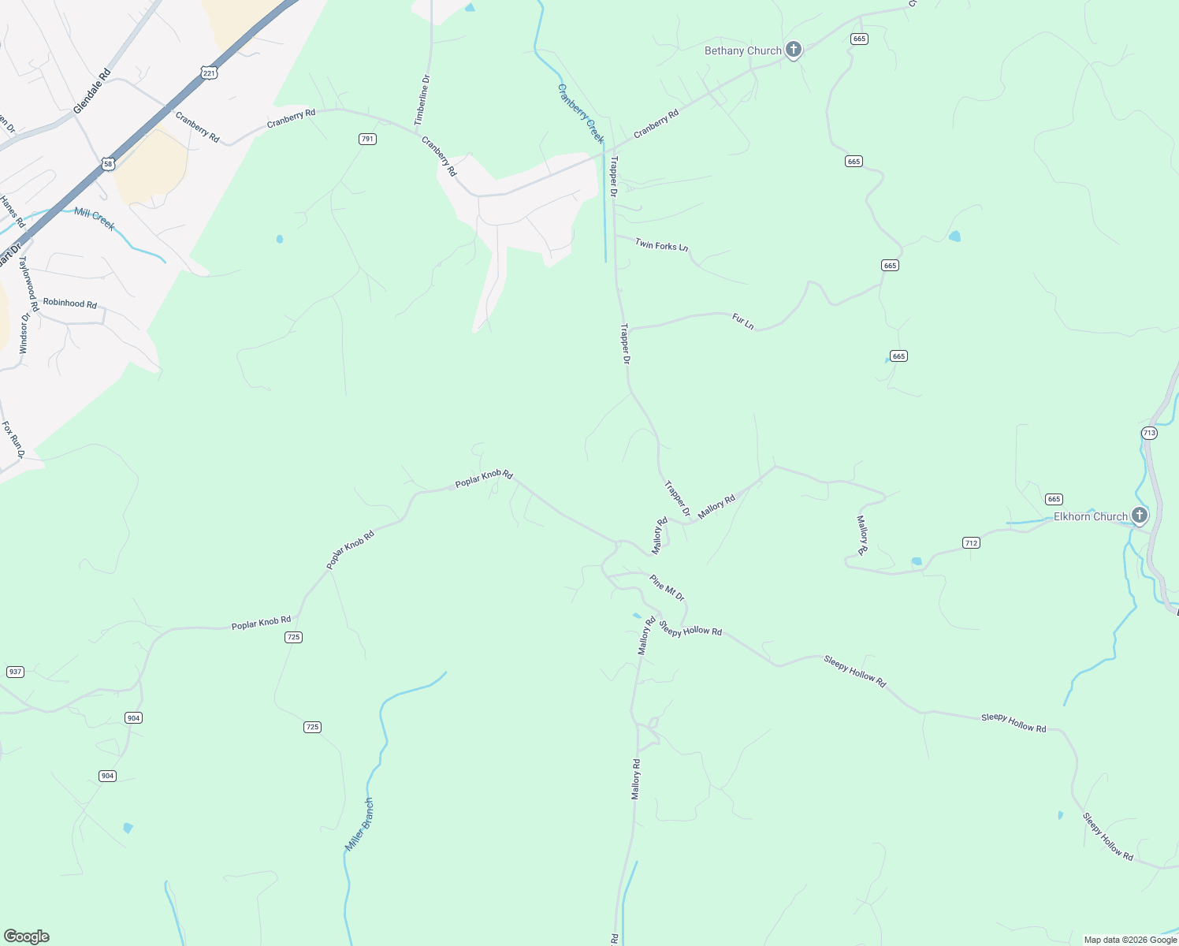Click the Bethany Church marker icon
[794, 50]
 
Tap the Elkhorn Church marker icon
[1139, 516]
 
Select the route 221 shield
[208, 73]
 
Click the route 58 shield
[108, 163]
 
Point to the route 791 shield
[367, 139]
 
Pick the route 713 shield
[1148, 433]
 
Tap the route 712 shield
[971, 542]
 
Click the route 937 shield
[15, 672]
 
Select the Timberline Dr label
[423, 100]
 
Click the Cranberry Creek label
[580, 114]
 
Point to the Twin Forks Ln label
[661, 245]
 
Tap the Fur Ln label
[743, 321]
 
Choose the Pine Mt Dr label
[667, 587]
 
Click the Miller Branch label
[359, 825]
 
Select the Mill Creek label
[95, 218]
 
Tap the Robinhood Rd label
[70, 303]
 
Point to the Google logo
[27, 937]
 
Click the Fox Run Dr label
[13, 440]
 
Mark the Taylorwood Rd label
[29, 284]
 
